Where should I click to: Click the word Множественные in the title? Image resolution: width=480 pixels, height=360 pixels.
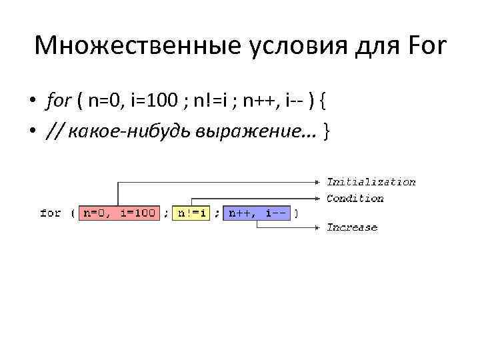[127, 47]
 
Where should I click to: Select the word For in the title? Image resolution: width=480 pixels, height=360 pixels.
[425, 47]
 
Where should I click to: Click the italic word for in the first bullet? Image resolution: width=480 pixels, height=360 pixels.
[59, 102]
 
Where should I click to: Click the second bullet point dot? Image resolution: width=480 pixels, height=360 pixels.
[31, 131]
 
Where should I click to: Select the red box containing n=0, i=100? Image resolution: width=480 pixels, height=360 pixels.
[119, 213]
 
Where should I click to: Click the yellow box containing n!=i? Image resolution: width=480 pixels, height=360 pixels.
[191, 213]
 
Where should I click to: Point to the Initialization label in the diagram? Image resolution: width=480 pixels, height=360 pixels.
[371, 182]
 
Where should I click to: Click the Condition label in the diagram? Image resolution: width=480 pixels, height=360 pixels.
[355, 198]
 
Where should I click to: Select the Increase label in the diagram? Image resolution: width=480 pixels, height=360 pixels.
[351, 227]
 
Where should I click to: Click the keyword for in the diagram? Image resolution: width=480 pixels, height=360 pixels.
[51, 213]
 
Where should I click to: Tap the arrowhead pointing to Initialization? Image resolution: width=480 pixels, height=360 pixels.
[316, 181]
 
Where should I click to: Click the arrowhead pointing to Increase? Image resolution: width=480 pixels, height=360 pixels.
[316, 227]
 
